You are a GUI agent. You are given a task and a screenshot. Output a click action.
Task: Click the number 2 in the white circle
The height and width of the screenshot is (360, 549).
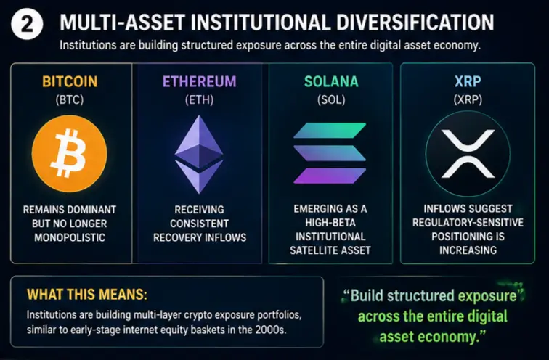27,25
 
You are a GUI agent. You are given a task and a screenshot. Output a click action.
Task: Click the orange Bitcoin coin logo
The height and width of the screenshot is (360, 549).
69,154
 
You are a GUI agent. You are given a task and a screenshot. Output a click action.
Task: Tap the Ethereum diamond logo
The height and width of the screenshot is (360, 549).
199,155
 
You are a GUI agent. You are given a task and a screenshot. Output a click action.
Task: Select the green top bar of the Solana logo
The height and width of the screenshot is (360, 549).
330,131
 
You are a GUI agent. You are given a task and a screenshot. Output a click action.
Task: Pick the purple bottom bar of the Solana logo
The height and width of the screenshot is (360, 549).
330,176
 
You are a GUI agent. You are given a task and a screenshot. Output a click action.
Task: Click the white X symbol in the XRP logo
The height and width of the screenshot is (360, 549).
468,154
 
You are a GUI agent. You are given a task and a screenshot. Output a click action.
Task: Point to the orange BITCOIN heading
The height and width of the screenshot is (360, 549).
70,81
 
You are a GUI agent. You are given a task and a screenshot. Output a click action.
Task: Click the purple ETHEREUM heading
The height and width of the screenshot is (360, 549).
199,81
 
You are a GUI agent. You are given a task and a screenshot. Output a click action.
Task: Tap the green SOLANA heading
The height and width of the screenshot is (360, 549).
331,81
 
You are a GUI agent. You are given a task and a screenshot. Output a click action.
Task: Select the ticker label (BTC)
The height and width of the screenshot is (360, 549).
70,100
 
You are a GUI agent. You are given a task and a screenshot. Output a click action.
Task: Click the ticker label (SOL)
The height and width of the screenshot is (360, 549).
331,100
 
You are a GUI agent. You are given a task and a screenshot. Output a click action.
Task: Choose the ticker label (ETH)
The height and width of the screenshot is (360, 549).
199,100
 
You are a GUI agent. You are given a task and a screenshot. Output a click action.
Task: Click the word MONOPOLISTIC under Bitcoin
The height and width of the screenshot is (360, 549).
70,237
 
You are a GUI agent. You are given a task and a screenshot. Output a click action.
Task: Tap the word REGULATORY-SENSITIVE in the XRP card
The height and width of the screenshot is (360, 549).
468,223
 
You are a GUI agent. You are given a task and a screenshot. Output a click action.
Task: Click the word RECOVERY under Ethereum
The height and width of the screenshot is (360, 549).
174,237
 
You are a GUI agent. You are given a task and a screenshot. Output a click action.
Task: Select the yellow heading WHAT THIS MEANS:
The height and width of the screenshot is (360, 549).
87,295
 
